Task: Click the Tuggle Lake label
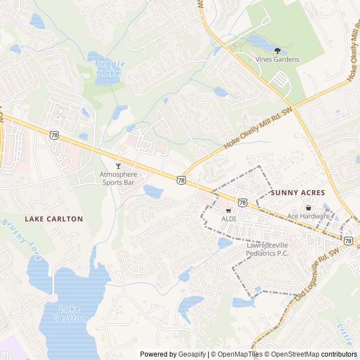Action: tap(109, 68)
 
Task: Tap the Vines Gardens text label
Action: tap(277, 59)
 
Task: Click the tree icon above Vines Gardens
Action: tap(277, 51)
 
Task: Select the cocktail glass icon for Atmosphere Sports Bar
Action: tap(118, 166)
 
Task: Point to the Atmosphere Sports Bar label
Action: tap(118, 178)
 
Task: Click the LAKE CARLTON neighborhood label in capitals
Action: tap(54, 219)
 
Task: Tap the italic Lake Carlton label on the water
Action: tap(70, 313)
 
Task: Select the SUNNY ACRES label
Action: tap(298, 192)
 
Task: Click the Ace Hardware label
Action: tap(308, 216)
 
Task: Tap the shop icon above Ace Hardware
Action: tap(308, 208)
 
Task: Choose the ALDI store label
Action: tap(228, 218)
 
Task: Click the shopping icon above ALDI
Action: tap(228, 210)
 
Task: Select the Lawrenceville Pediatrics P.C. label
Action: tap(267, 249)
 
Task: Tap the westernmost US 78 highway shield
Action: tap(54, 134)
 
